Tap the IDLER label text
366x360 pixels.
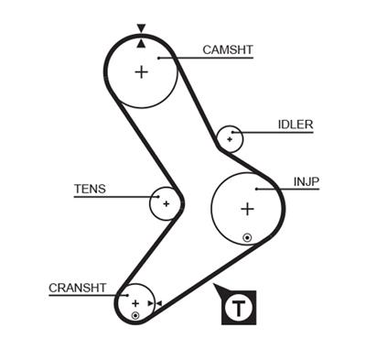296,125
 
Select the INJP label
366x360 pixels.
307,181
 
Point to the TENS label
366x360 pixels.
90,190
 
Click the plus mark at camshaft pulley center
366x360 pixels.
141,71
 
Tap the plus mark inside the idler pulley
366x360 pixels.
229,138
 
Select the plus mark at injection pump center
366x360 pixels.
246,209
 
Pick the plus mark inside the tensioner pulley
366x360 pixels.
166,203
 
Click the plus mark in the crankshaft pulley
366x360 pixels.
135,302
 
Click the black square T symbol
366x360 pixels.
240,306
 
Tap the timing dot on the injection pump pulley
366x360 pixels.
247,238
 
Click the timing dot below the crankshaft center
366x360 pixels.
135,315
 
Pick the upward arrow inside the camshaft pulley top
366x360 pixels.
141,42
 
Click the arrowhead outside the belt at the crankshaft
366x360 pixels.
158,303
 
